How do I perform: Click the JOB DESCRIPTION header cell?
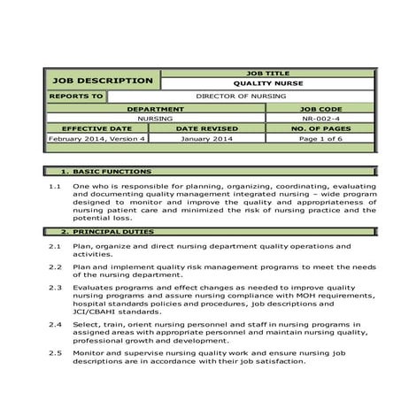[x=103, y=81]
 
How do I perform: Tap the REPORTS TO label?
[x=76, y=96]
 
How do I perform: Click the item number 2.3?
[x=54, y=287]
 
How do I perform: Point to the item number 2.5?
[x=54, y=352]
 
